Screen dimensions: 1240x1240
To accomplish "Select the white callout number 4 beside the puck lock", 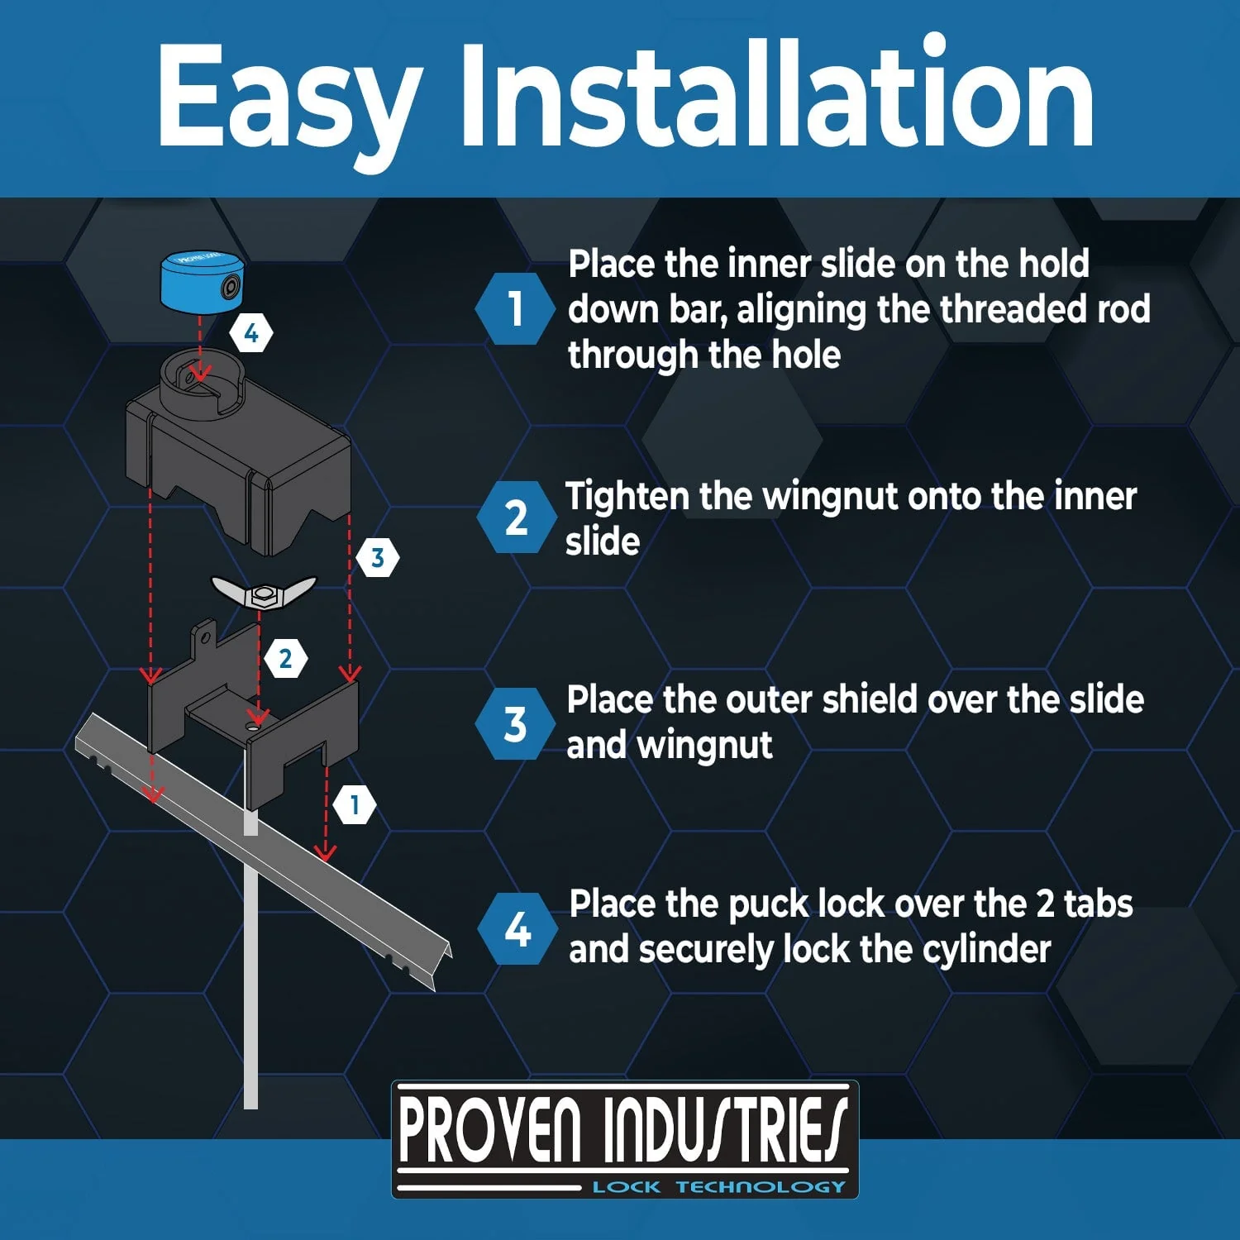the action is point(251,333).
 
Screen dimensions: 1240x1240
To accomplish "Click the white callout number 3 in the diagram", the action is point(378,558).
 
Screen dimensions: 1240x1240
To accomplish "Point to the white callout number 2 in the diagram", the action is point(286,659).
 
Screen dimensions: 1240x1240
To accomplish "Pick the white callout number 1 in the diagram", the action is point(355,804).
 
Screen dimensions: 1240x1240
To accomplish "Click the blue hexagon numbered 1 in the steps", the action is point(515,308).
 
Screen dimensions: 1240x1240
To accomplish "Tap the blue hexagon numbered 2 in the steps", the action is point(516,517).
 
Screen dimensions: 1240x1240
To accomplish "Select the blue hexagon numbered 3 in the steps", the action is point(515,723).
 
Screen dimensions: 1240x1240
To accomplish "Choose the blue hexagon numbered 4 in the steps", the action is point(517,929).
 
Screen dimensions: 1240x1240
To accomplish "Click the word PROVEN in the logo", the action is point(490,1130).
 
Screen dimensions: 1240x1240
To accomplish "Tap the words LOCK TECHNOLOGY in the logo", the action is point(719,1187).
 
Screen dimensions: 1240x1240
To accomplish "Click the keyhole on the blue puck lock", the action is point(229,288).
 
